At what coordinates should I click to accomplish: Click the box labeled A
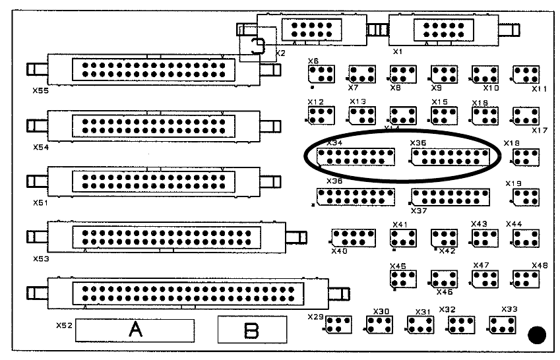[135, 330]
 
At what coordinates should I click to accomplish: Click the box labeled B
[251, 330]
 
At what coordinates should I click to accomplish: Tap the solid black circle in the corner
[538, 335]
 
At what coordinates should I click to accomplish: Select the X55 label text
[42, 91]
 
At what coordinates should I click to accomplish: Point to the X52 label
[64, 325]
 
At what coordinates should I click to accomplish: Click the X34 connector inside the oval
[356, 157]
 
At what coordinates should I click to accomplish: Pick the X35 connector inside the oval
[450, 157]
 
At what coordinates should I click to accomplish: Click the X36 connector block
[356, 196]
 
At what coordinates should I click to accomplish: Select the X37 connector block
[450, 196]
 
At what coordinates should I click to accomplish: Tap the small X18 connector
[526, 157]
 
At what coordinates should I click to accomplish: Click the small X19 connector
[526, 196]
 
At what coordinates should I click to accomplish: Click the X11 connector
[526, 74]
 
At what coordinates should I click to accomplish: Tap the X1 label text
[398, 50]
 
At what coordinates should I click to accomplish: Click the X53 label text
[41, 259]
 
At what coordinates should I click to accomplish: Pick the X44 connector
[526, 237]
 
